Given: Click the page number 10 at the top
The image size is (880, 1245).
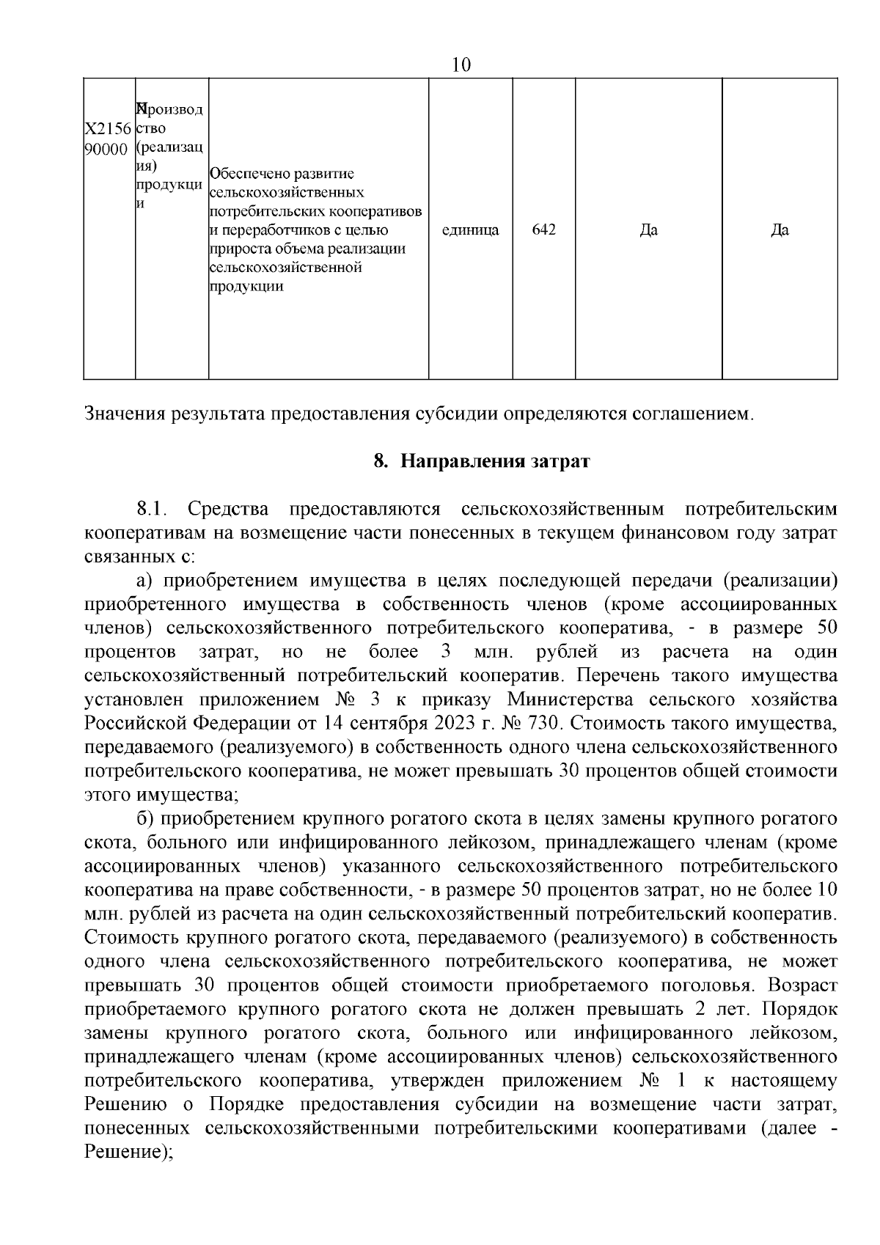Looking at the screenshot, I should (x=461, y=65).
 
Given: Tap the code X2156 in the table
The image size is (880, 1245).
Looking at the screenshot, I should (x=109, y=129).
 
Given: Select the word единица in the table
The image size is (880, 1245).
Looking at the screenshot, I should (x=470, y=230).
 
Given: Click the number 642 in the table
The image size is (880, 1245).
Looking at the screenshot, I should (x=543, y=229).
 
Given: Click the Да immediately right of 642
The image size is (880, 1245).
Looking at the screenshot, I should (x=648, y=230).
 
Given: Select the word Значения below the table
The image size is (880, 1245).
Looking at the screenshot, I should (x=125, y=414).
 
